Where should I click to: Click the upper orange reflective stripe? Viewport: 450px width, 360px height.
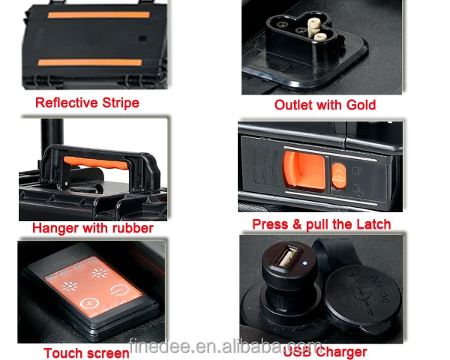click(x=98, y=15)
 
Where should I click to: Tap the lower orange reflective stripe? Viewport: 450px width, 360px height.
click(x=90, y=62)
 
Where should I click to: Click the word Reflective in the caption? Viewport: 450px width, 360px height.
click(x=67, y=103)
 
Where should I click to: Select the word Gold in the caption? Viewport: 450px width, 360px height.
click(x=361, y=105)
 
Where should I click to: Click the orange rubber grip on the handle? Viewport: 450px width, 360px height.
click(x=96, y=163)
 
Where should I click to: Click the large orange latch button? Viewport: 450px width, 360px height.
click(x=304, y=170)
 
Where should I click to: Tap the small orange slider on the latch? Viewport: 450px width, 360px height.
click(x=339, y=175)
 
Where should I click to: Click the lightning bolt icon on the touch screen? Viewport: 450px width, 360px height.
click(x=89, y=303)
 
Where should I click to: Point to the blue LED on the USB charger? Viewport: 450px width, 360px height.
click(x=304, y=263)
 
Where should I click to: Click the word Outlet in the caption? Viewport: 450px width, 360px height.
click(x=293, y=105)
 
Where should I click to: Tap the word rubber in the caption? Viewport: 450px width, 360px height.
click(x=133, y=228)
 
